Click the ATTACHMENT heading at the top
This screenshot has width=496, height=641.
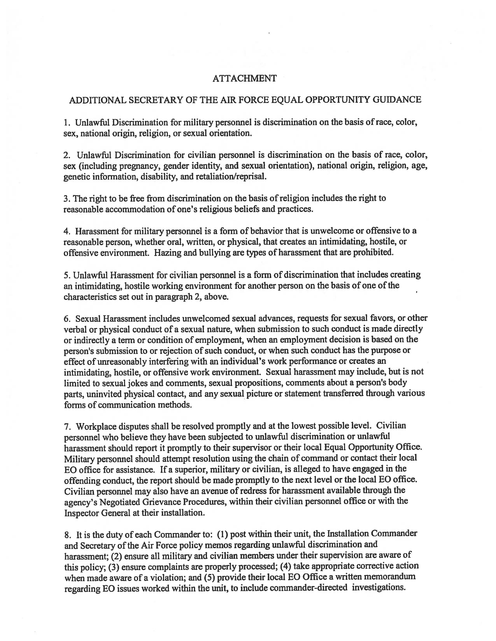pos(244,78)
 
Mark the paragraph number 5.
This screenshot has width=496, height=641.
pos(66,275)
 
